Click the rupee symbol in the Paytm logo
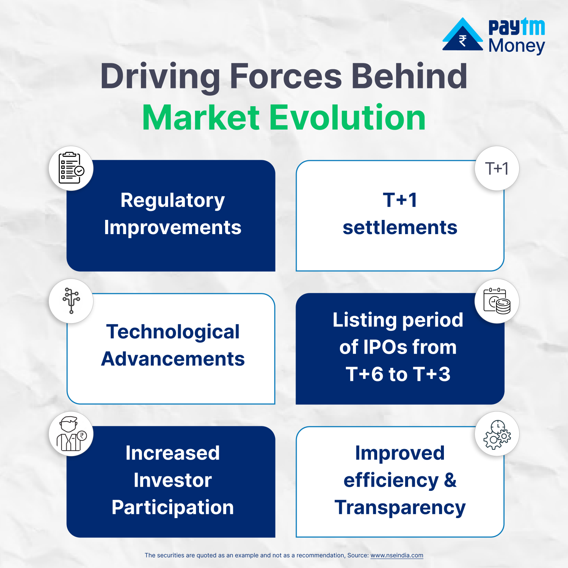pyautogui.click(x=463, y=40)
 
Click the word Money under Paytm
pyautogui.click(x=517, y=46)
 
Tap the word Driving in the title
pyautogui.click(x=160, y=76)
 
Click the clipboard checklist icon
pyautogui.click(x=71, y=168)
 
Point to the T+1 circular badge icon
pyautogui.click(x=497, y=168)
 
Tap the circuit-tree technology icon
pyautogui.click(x=71, y=300)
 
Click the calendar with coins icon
pyautogui.click(x=497, y=301)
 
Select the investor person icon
pyautogui.click(x=71, y=434)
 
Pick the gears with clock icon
pyautogui.click(x=497, y=435)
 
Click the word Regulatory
pyautogui.click(x=173, y=201)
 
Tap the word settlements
pyautogui.click(x=400, y=228)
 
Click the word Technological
pyautogui.click(x=173, y=332)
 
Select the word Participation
pyautogui.click(x=173, y=508)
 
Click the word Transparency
pyautogui.click(x=400, y=508)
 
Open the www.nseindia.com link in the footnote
pyautogui.click(x=397, y=555)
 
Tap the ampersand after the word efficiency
pyautogui.click(x=450, y=480)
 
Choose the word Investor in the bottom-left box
pyautogui.click(x=173, y=480)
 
